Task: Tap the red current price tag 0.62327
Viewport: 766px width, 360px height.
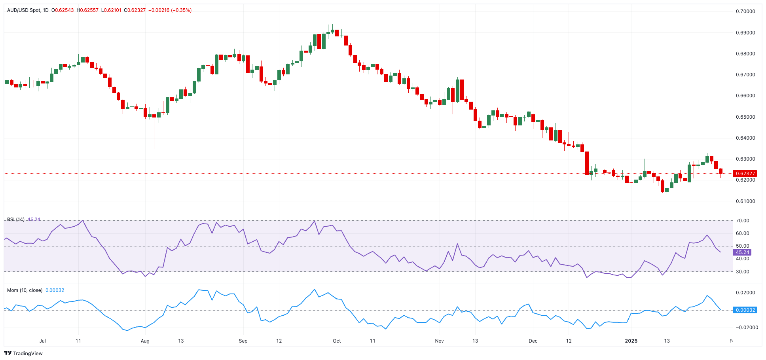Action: (745, 173)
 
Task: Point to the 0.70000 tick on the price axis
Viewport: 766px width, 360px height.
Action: (745, 11)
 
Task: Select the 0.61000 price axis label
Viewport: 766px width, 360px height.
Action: (745, 201)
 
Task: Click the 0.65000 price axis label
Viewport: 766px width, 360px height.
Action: (745, 117)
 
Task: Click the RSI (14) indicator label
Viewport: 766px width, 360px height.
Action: (16, 220)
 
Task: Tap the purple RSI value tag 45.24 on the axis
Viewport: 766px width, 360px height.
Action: (742, 252)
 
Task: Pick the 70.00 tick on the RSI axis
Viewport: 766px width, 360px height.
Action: (742, 221)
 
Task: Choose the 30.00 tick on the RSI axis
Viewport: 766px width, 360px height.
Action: (742, 272)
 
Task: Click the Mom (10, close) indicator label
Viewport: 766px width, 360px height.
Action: (25, 290)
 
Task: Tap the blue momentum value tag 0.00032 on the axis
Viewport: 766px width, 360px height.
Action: (745, 310)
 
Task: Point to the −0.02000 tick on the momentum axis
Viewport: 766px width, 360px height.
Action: (745, 328)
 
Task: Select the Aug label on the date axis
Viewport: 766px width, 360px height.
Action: (145, 341)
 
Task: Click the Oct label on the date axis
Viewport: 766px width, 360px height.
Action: (337, 341)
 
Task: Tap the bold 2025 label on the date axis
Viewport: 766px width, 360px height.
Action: (631, 341)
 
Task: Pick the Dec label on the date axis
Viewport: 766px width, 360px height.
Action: (533, 341)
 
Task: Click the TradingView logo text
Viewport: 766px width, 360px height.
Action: (28, 354)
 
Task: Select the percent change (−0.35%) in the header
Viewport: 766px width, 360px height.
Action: (181, 10)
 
